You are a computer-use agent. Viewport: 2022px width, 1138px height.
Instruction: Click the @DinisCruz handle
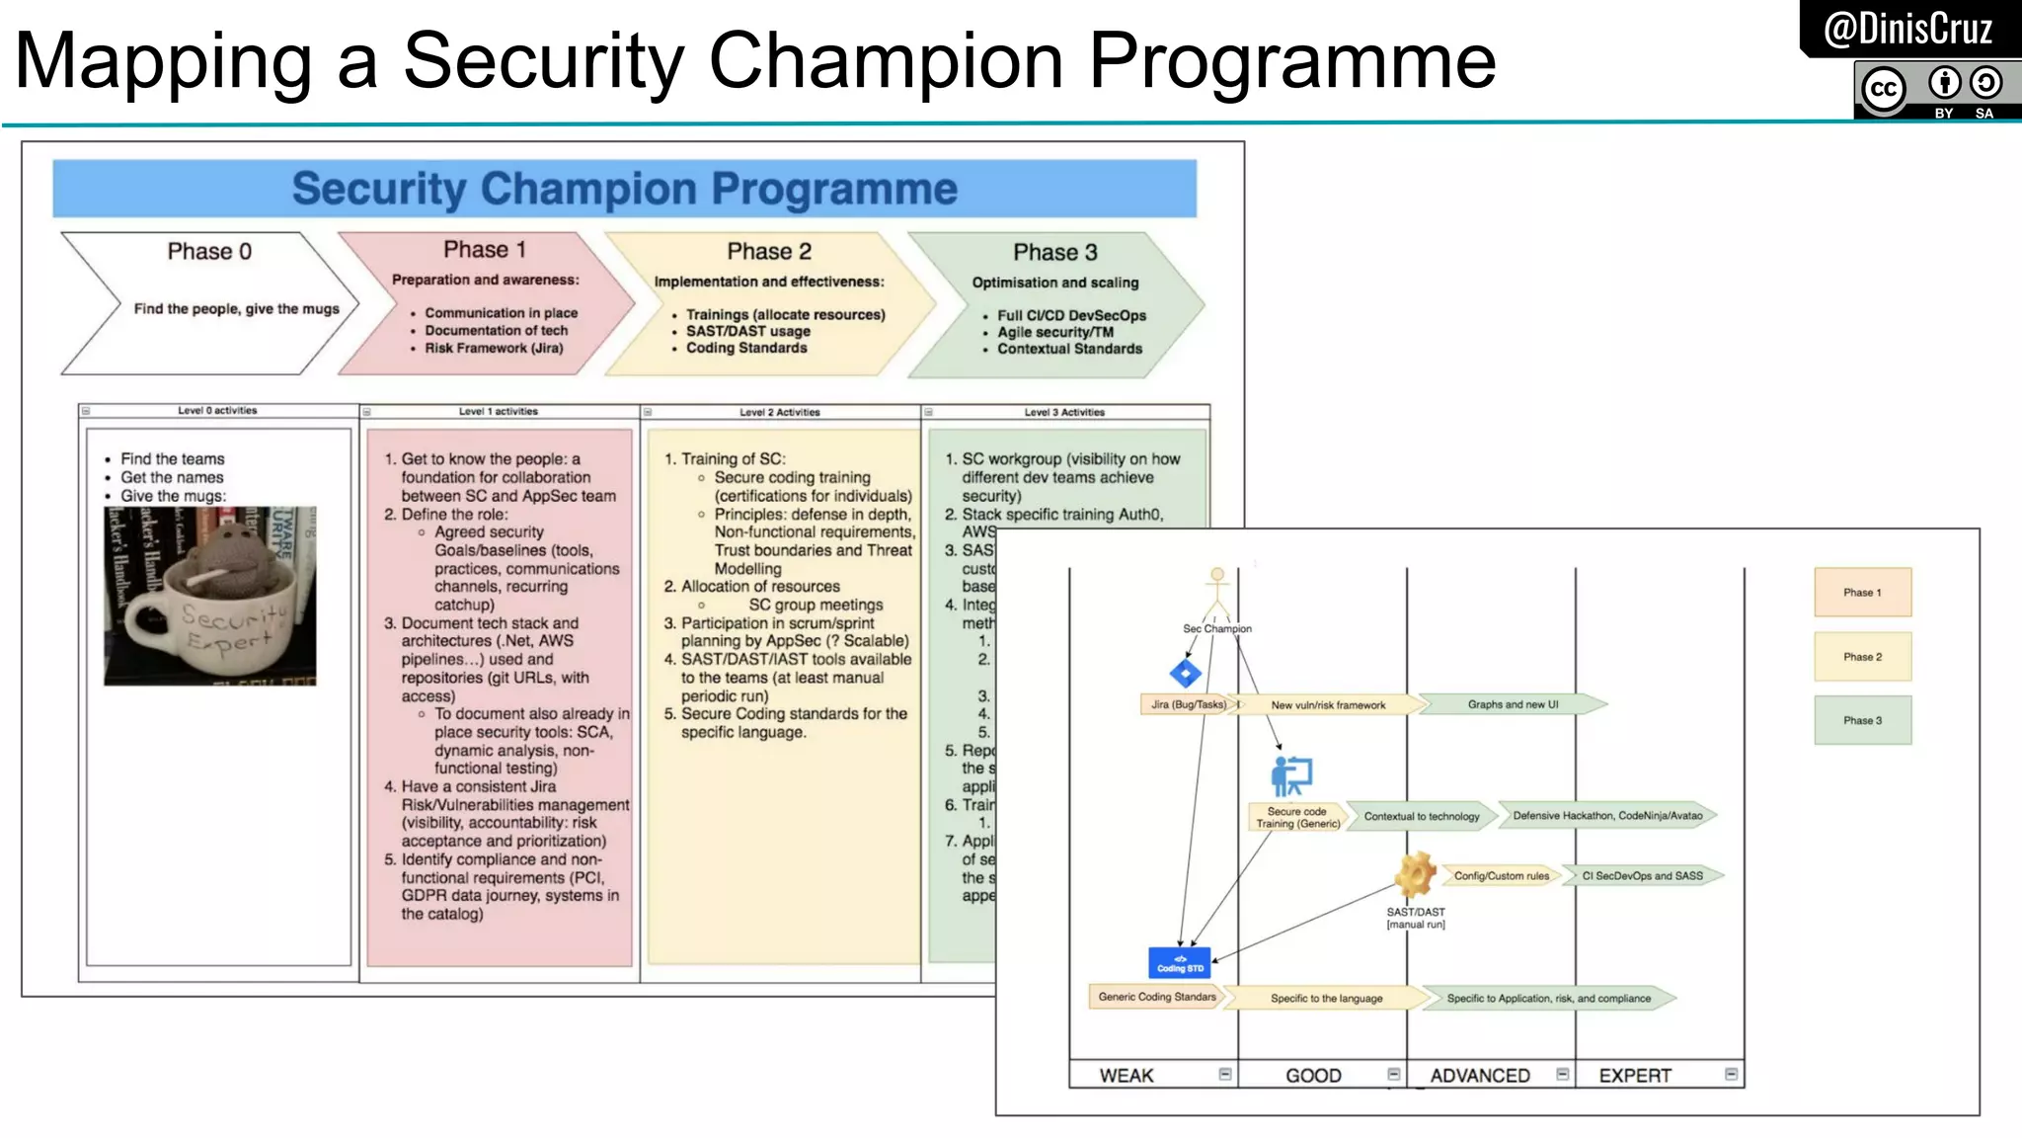tap(1907, 29)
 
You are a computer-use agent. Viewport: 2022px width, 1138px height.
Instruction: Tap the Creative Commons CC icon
tap(1883, 89)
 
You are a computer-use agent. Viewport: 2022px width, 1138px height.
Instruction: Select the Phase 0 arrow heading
tap(209, 252)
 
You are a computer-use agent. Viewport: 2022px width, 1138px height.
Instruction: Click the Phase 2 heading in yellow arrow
tap(769, 252)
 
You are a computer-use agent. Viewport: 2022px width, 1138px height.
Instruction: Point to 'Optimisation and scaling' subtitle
tap(1054, 283)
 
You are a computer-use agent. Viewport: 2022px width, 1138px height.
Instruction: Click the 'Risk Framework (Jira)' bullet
tap(494, 348)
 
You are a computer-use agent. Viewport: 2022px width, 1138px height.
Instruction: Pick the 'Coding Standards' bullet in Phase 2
tap(746, 348)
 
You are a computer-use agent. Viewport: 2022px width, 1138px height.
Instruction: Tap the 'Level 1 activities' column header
tap(498, 411)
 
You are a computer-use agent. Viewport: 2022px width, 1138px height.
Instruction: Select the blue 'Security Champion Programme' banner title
tap(624, 189)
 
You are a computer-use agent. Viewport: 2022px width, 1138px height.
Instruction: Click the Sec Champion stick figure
tap(1217, 593)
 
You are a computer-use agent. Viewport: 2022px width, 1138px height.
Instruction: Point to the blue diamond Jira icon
tap(1185, 674)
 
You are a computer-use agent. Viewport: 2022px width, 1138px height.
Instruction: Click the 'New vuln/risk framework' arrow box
tap(1328, 705)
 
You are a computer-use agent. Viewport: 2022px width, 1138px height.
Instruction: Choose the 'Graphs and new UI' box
tap(1513, 704)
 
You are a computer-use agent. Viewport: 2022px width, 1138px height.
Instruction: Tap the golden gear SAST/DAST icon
tap(1415, 874)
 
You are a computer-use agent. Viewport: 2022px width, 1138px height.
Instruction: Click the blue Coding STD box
tap(1180, 963)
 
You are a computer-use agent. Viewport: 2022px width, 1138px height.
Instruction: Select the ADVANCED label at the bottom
tap(1479, 1076)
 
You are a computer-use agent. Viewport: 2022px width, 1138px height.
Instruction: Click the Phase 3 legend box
tap(1862, 720)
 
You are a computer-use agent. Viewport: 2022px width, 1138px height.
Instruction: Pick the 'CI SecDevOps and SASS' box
tap(1642, 876)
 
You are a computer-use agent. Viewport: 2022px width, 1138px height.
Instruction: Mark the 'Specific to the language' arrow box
tap(1326, 999)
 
